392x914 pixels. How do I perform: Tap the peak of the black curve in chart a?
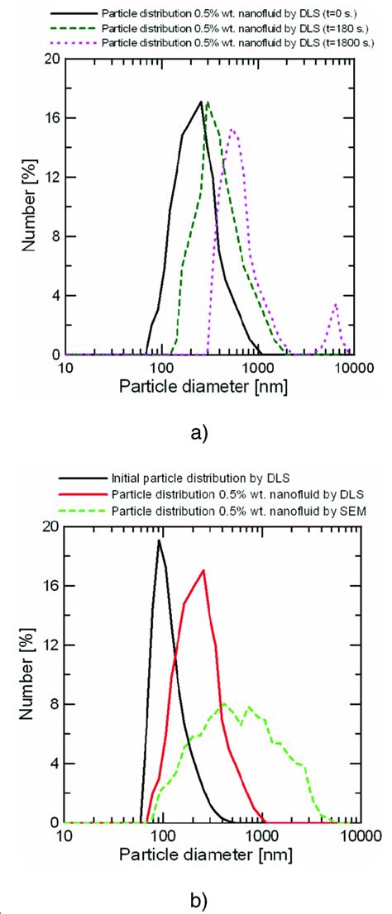pos(201,102)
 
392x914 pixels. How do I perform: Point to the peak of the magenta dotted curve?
pos(232,129)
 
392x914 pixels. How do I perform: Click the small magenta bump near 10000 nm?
pos(335,304)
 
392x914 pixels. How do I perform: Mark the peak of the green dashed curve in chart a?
pos(208,102)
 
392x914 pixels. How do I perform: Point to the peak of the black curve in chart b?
pos(158,540)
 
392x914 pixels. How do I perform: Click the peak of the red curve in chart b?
pos(203,570)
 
